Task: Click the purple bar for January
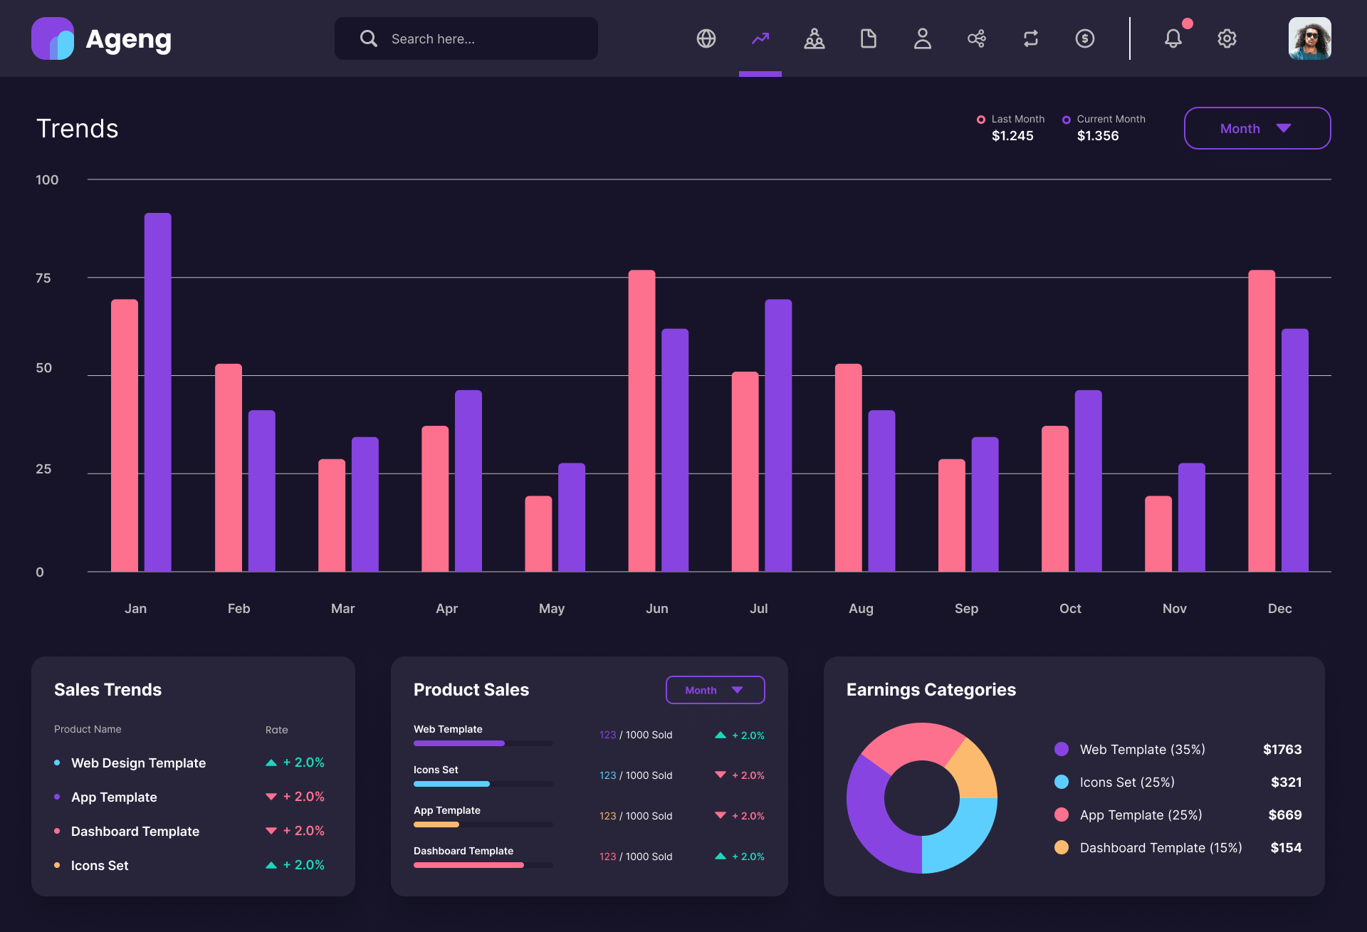point(157,392)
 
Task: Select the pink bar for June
point(641,420)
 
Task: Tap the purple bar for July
point(778,434)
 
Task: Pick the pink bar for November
point(1158,534)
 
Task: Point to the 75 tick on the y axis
point(43,278)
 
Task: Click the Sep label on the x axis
point(966,609)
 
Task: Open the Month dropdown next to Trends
point(1257,128)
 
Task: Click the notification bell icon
point(1173,38)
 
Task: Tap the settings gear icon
point(1227,38)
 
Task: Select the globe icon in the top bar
point(706,38)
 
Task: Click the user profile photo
point(1309,38)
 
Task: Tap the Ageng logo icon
point(53,38)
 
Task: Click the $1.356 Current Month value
point(1097,136)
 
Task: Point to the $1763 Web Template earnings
point(1282,749)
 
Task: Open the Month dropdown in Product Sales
point(715,690)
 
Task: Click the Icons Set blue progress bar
point(451,784)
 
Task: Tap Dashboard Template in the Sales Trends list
point(135,831)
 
